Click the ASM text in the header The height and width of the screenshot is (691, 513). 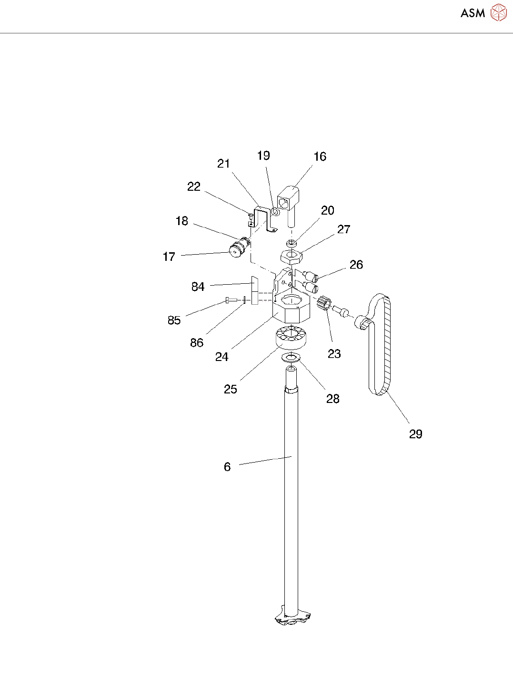(x=473, y=13)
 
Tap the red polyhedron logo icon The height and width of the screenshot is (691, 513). (x=498, y=13)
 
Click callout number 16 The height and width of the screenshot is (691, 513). (x=320, y=157)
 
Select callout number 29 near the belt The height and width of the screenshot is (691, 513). (x=415, y=434)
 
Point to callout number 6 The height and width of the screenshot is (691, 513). (x=227, y=467)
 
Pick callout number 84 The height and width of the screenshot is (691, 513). (x=198, y=287)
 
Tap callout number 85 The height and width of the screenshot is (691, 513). (x=174, y=320)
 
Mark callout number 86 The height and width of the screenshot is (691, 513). (x=196, y=343)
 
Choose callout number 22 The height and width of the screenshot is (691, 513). (x=193, y=187)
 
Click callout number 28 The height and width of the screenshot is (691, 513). (x=332, y=399)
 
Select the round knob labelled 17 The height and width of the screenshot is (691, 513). (x=235, y=250)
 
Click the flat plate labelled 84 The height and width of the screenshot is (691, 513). (x=254, y=290)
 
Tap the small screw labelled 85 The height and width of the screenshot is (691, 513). (x=230, y=300)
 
